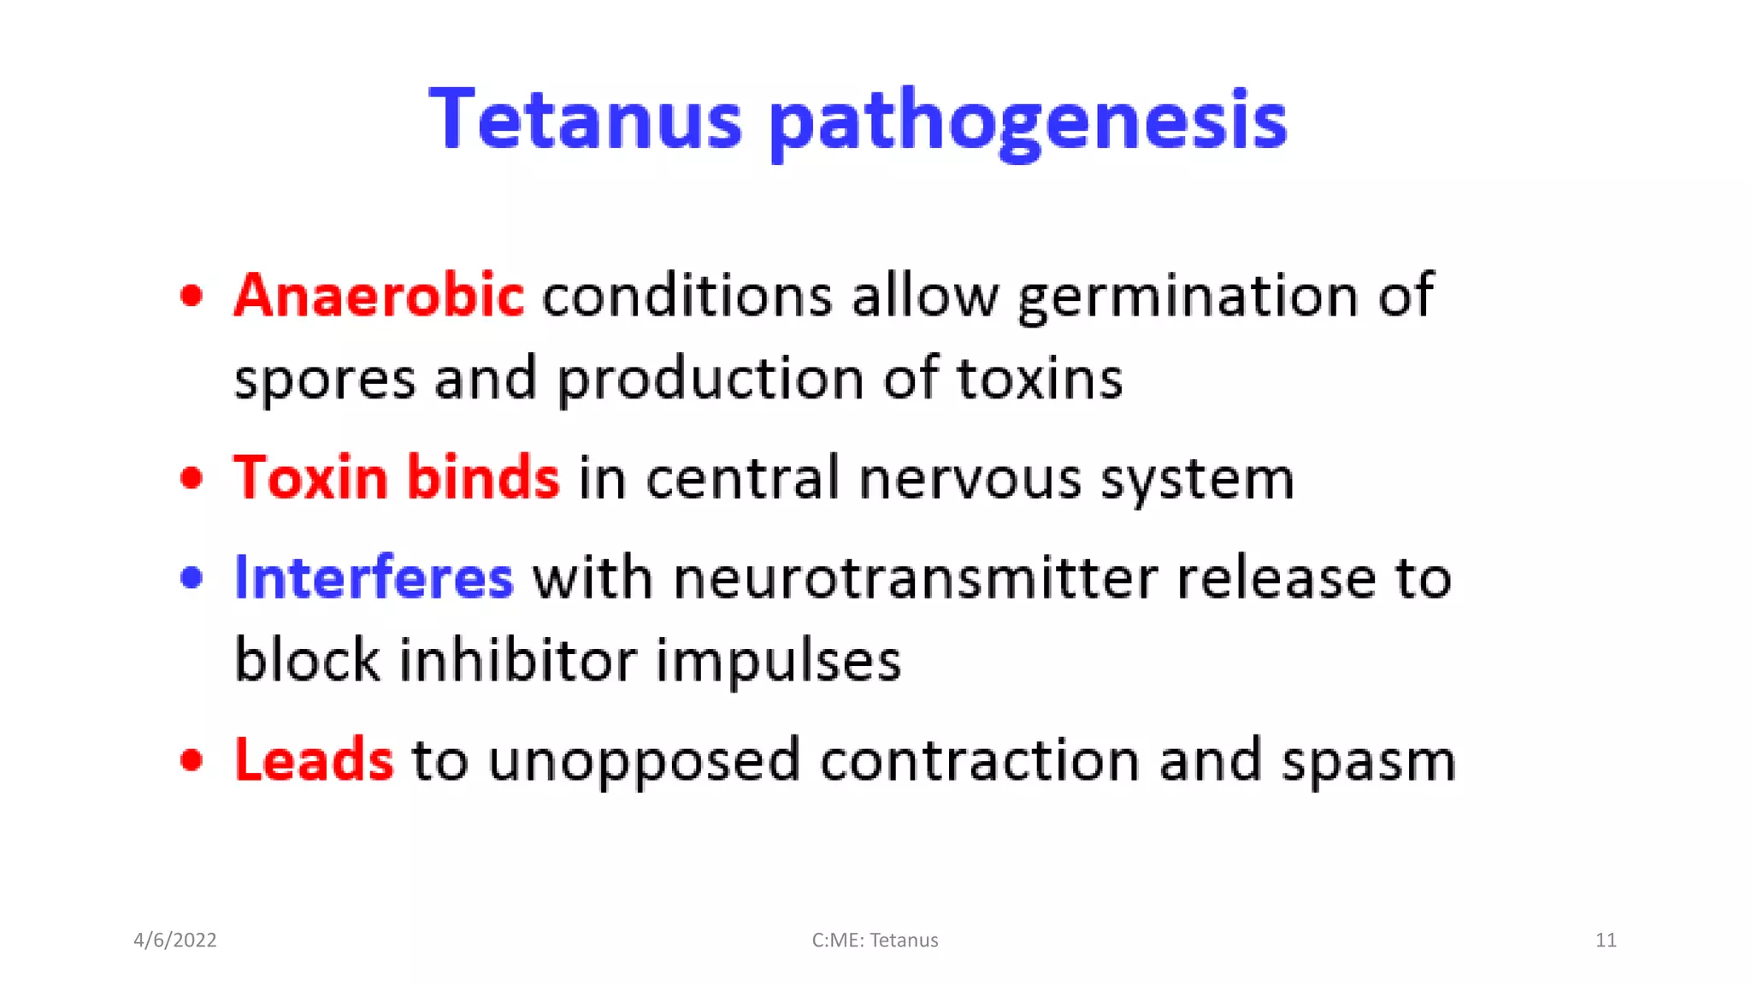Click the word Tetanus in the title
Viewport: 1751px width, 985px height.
pos(585,119)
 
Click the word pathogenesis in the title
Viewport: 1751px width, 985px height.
pos(1028,121)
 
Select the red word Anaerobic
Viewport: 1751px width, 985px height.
pos(379,295)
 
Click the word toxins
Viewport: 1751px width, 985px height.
pos(1039,378)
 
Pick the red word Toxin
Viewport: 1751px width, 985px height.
pos(310,476)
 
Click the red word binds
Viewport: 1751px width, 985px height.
pos(483,476)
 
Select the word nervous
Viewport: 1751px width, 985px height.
pos(970,478)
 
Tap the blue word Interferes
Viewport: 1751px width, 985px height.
pos(374,577)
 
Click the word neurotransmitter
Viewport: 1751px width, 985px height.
pos(915,578)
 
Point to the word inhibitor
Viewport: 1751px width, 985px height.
pos(518,660)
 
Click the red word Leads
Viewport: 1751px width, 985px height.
pos(314,759)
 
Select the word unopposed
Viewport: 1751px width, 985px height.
pos(644,761)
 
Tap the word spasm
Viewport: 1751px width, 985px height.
pos(1368,761)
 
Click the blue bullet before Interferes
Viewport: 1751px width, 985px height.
pos(192,578)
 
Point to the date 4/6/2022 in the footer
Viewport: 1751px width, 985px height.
pos(175,940)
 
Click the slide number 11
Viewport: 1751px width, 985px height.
pos(1606,940)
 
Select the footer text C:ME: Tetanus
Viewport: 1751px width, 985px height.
pos(875,940)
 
